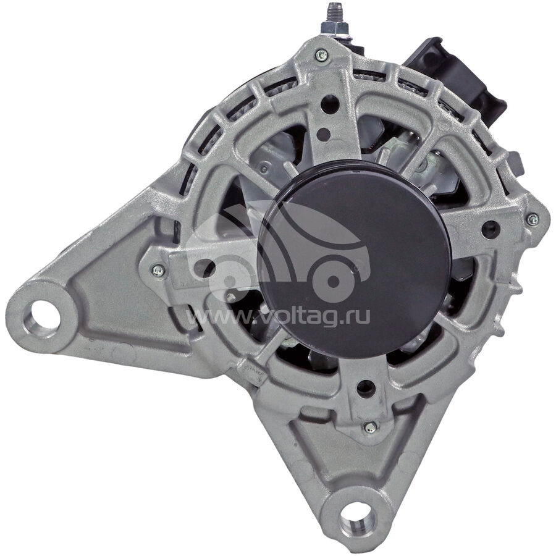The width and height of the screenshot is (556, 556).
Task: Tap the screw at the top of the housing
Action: pos(322,55)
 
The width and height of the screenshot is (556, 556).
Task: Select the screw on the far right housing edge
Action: pos(533,219)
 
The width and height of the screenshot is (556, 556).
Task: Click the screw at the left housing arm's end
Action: pos(158,271)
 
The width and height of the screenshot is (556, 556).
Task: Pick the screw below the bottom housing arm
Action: pos(370,428)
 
